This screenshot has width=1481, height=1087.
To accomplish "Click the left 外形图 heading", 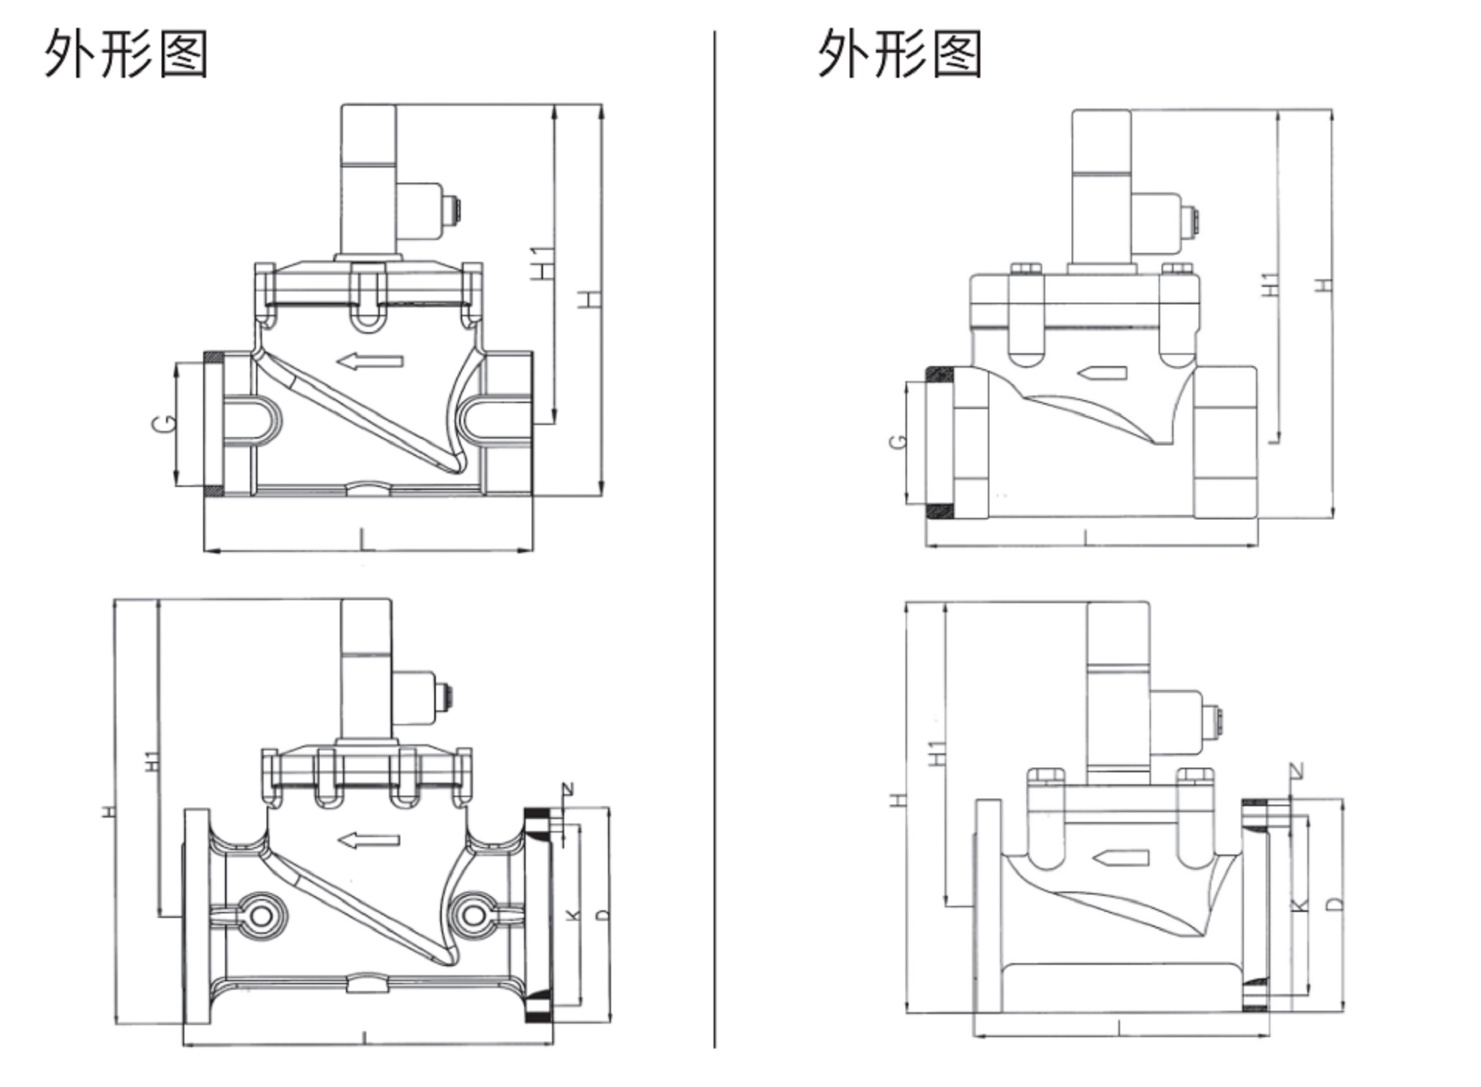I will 125,54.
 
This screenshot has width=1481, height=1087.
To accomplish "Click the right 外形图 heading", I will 899,54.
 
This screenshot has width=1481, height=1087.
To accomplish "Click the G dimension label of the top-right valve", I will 897,441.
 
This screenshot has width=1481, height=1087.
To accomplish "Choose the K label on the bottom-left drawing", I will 573,914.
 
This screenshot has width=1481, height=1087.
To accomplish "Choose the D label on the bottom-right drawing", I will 1334,903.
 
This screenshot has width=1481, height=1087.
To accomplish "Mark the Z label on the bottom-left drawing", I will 567,790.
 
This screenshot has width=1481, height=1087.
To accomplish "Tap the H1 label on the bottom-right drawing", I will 936,753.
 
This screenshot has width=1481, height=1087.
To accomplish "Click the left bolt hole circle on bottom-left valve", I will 261,916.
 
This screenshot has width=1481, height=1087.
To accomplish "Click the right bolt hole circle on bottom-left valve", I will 474,916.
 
